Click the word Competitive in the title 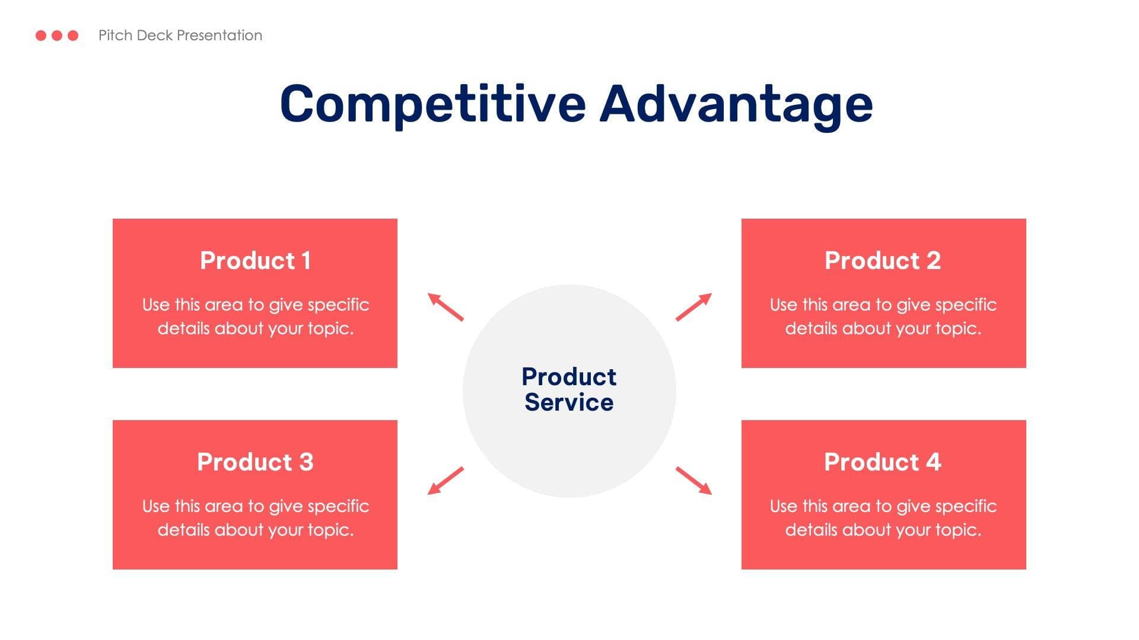point(433,104)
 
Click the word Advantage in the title point(736,104)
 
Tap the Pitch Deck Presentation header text point(180,36)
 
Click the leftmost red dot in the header point(41,36)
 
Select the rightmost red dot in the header point(73,36)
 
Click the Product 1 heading point(255,261)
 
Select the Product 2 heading point(883,261)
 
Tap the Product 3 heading point(255,462)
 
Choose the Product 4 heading point(883,462)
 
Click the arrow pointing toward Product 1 point(446,307)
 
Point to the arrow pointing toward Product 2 point(693,307)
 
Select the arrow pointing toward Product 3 point(446,481)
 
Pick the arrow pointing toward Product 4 point(693,481)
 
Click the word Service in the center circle point(569,403)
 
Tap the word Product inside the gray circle point(569,377)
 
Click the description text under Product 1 point(255,316)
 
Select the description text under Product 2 point(883,316)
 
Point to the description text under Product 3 point(255,518)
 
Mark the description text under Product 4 point(883,518)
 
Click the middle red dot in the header point(57,36)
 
